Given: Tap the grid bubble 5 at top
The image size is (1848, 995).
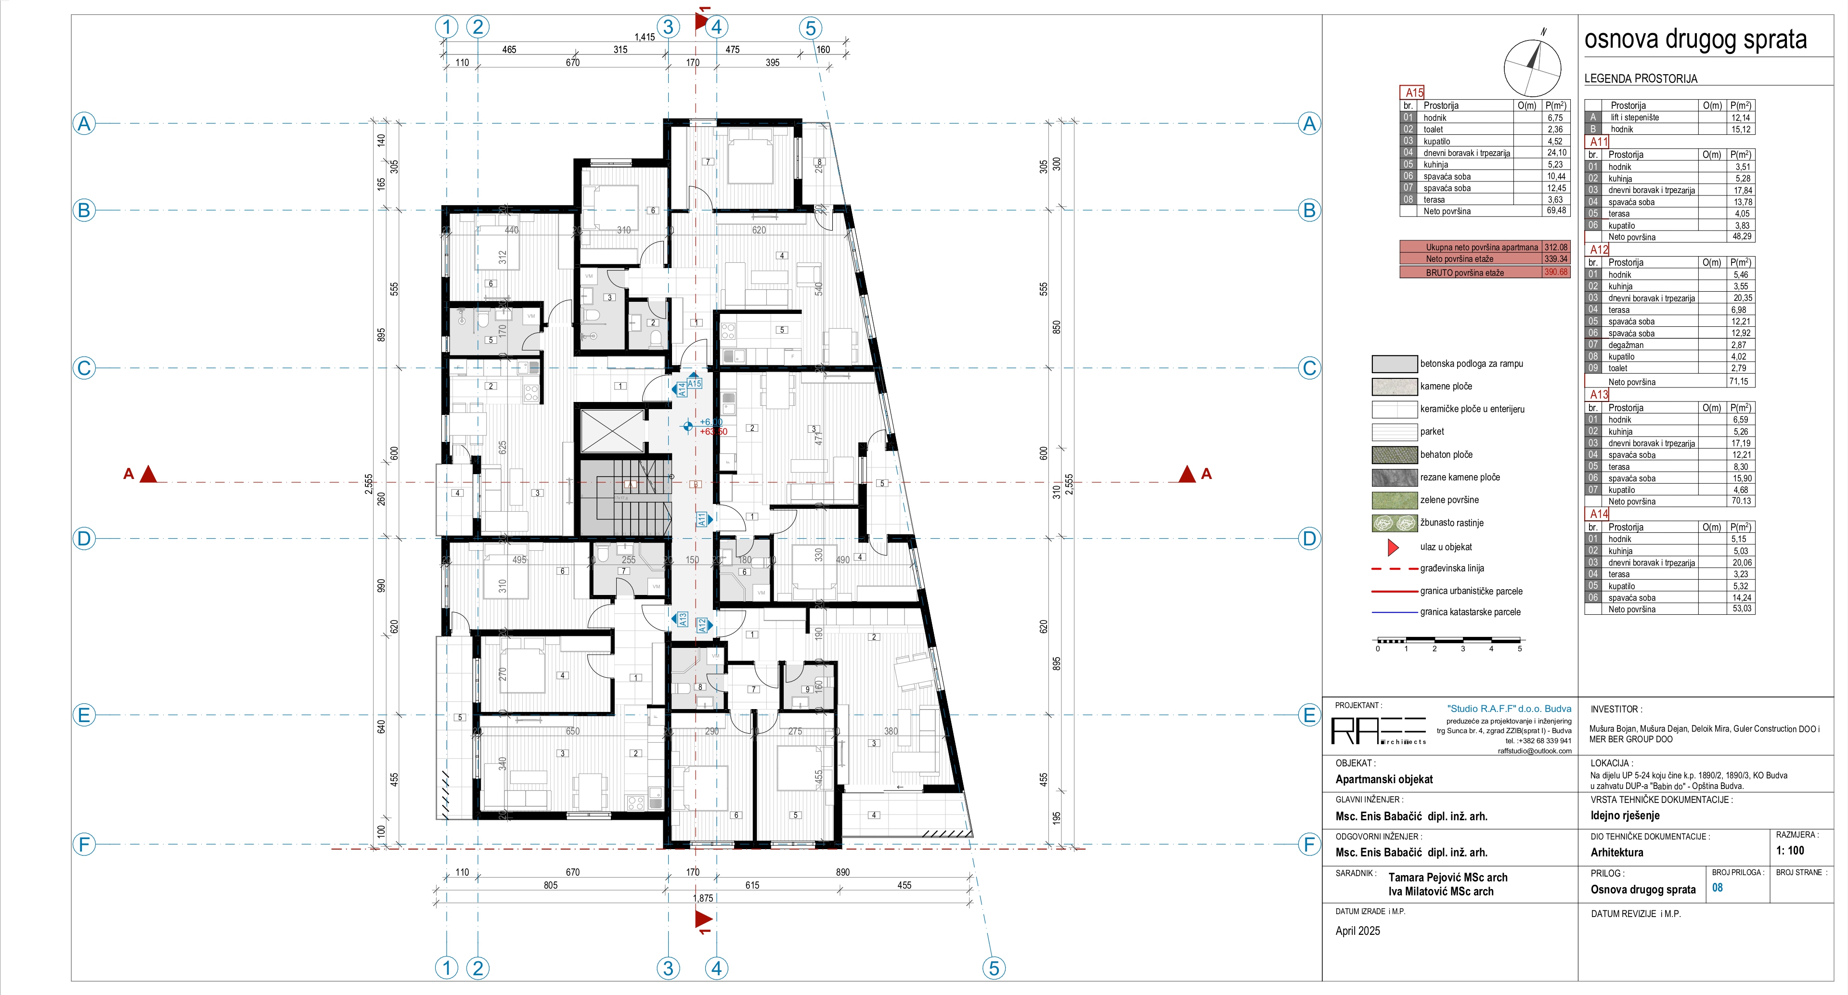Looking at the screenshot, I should pos(810,28).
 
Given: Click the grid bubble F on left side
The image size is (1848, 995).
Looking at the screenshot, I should pos(84,844).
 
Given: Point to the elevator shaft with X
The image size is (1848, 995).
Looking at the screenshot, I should pos(612,430).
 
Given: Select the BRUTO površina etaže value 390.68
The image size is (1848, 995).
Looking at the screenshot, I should pos(1555,272).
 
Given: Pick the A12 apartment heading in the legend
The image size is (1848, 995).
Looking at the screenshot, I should pos(1599,250).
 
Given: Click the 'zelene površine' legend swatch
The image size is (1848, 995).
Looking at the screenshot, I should pos(1394,500).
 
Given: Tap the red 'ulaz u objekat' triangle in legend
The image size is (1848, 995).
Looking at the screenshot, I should pos(1393,547).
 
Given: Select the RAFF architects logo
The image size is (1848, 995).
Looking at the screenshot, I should pos(1378,731).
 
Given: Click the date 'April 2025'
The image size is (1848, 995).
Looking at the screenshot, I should pos(1357,931).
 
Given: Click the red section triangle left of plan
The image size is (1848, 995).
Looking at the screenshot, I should pos(148,474).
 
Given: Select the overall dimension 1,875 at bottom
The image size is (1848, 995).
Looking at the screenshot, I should pos(702,898).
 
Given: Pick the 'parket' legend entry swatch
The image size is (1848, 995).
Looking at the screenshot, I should pos(1394,432).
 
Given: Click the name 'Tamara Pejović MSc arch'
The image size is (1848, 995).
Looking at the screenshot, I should pos(1447,878).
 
